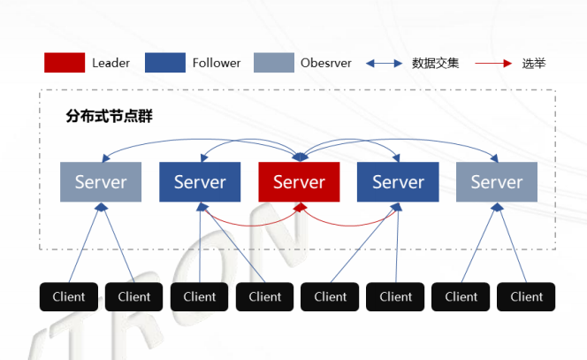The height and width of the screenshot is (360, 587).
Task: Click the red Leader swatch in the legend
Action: (64, 63)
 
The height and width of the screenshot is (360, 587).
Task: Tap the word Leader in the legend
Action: (111, 63)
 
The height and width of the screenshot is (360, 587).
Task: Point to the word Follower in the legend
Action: (217, 63)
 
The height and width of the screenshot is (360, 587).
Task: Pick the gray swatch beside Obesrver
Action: (273, 63)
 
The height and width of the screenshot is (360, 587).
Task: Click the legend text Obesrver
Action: (326, 63)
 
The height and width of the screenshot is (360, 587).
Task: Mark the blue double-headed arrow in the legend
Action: (384, 63)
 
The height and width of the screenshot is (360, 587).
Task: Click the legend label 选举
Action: (534, 63)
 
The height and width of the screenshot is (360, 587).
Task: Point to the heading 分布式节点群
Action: (110, 116)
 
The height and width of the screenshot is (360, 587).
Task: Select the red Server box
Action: (299, 182)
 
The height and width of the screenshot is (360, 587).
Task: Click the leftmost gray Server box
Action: (101, 182)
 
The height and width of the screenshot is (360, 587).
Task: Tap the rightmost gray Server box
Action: (497, 182)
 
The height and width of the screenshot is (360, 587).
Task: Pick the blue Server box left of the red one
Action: (200, 182)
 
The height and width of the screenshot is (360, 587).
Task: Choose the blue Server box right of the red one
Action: (398, 182)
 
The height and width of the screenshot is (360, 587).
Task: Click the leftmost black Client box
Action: (69, 296)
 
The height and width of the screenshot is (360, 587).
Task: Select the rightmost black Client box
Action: (527, 296)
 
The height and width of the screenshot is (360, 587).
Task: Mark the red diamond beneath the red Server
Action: (300, 207)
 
